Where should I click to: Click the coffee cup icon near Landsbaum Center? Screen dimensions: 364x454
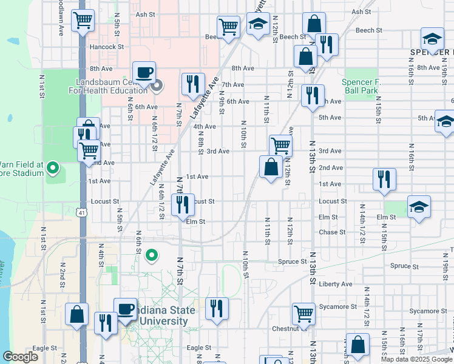(144, 73)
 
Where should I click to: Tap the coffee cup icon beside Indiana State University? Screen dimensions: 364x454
(126, 309)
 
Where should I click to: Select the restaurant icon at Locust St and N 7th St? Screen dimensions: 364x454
(183, 205)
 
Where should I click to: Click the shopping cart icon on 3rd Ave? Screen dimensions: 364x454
(280, 145)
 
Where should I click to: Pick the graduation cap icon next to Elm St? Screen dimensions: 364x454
(419, 207)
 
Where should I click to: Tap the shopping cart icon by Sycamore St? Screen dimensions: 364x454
(303, 314)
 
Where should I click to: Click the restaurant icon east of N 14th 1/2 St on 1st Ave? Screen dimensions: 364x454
(384, 180)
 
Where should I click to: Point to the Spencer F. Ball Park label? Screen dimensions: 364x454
(361, 86)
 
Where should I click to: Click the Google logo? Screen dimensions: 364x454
(21, 357)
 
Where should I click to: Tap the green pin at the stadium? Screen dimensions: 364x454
(53, 167)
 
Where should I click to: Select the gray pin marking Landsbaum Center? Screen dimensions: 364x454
(157, 86)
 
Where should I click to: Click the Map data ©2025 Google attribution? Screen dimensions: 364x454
(416, 359)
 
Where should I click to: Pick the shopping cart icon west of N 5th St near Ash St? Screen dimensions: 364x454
(83, 21)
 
